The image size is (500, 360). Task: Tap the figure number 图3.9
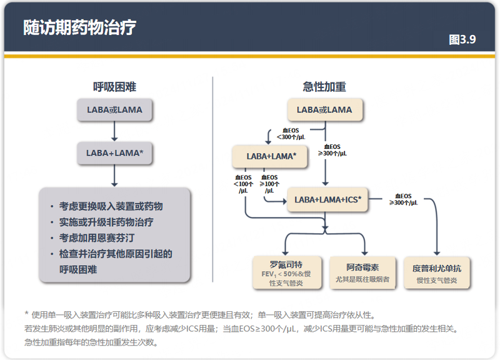point(462,39)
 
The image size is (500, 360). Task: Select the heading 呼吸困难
point(114,87)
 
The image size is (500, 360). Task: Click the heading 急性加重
point(324,87)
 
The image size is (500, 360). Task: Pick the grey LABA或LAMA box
point(114,110)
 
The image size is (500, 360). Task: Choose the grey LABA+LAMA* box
point(114,152)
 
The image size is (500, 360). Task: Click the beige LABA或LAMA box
point(324,110)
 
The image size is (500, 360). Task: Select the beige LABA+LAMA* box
point(269,156)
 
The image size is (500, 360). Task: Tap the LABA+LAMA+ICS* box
point(327,200)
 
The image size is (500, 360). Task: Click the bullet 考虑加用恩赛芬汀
point(97,238)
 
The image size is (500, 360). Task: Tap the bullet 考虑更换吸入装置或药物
point(111,206)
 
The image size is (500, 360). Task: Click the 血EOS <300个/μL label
point(291,133)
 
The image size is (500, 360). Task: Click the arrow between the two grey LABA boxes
point(114,131)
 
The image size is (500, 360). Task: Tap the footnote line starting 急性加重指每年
point(91,342)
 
